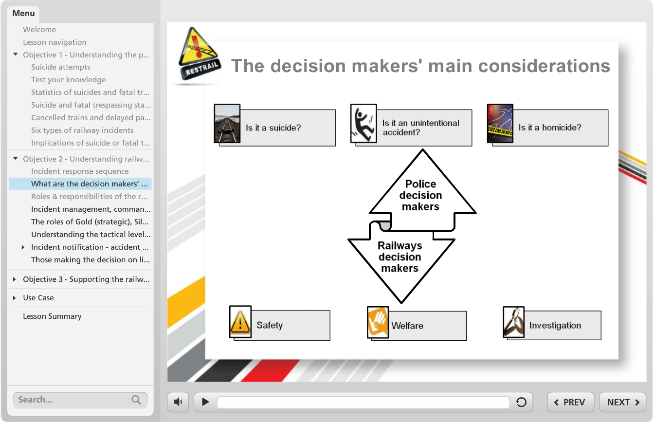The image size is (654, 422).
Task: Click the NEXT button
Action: coord(623,402)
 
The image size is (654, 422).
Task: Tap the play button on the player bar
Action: coord(205,402)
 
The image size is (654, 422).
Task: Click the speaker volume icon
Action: coord(178,402)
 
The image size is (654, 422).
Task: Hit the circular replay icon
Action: coord(521,402)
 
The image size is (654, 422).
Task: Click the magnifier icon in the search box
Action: coord(136,400)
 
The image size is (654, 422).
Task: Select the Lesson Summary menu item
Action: coord(52,316)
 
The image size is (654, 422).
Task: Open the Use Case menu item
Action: coord(38,297)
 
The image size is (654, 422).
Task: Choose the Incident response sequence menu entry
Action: coord(80,171)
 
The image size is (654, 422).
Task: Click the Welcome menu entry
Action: coord(39,30)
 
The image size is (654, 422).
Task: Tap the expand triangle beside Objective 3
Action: coord(14,279)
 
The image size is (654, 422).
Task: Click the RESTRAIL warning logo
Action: coord(200,54)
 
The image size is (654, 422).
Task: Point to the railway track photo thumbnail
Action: coord(227,123)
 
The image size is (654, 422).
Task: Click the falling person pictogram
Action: coord(363,123)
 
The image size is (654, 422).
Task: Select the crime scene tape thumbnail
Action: coord(500,123)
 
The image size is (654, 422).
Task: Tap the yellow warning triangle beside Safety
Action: coord(240,322)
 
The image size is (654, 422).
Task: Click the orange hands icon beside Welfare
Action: coord(378,322)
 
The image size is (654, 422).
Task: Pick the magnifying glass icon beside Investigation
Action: coord(513,322)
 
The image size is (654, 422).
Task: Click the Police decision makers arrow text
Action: coord(420,195)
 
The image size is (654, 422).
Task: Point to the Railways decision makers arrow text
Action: coord(400,257)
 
